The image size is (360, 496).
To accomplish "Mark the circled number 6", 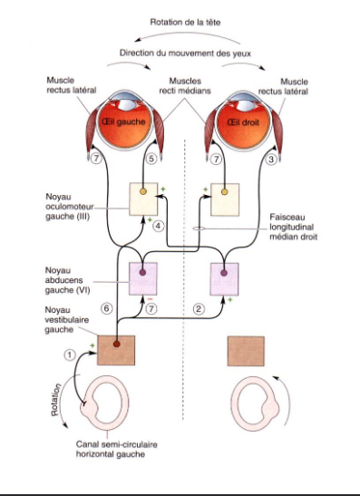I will click(106, 308).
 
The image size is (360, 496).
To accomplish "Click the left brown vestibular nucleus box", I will click(115, 350).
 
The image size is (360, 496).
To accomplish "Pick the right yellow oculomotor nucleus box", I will click(223, 199).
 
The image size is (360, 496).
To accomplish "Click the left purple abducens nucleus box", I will click(144, 277).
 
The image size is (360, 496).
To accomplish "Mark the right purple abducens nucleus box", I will click(223, 277).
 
